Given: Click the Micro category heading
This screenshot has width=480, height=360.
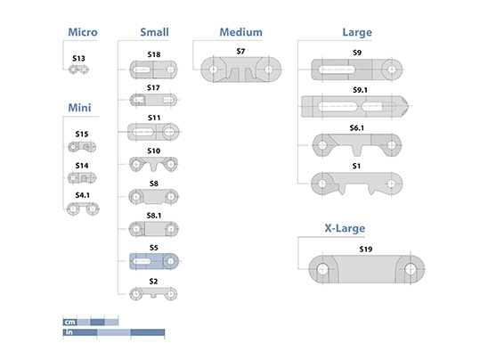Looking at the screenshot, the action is point(83,32).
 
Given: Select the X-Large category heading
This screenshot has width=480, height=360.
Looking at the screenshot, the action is point(345,228).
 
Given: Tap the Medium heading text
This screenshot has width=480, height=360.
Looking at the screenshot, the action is point(241,32).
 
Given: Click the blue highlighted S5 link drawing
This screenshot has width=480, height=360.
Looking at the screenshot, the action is point(154,261).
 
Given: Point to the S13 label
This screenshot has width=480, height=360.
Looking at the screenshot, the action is point(78,58).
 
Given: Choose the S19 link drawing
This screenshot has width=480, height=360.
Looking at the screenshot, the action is point(366,269).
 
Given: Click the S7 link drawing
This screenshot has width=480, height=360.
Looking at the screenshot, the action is point(241,70).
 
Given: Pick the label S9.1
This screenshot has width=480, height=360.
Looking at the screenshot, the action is point(360,90).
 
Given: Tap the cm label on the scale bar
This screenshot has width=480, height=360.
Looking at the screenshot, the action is point(69,322).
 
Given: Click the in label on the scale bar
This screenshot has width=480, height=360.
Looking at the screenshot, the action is point(69,332).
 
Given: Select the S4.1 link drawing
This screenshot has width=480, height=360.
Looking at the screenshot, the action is point(83,209).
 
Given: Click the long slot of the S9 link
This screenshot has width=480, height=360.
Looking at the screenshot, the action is point(337,70).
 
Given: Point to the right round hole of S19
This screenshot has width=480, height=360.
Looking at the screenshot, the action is point(411,269).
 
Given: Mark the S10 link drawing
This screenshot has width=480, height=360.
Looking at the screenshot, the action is point(154,165).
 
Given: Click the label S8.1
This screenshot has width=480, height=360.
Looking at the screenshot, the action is point(154,216).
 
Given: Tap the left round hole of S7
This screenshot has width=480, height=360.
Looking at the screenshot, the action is point(214,70).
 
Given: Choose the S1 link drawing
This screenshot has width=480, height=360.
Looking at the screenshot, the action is point(356,184).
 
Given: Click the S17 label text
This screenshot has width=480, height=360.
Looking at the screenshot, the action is point(153,88).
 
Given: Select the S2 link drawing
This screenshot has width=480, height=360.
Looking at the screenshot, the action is point(153,294).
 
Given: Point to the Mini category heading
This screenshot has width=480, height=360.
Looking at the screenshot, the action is point(79,108).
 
